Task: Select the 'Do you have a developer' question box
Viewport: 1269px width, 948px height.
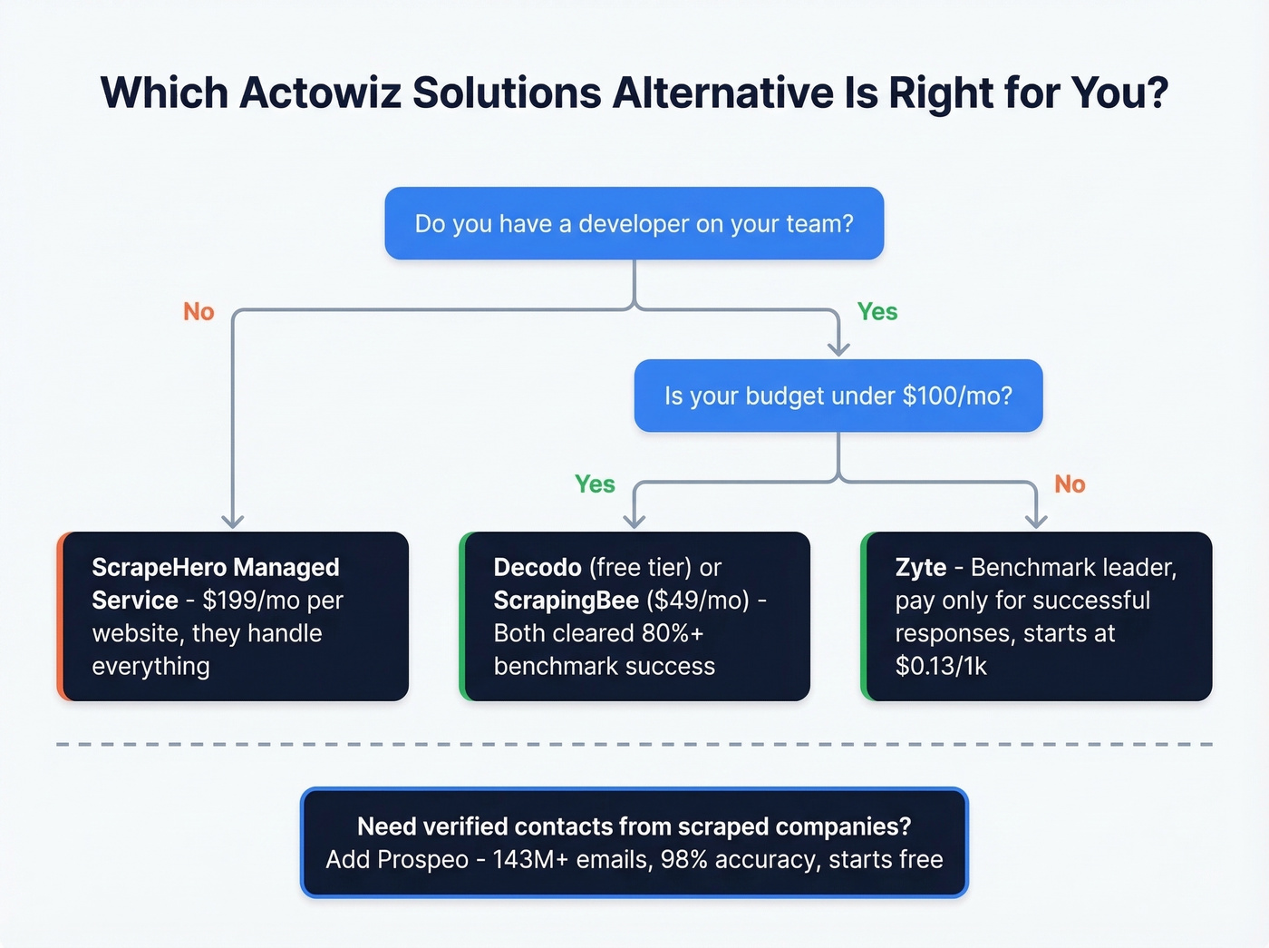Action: pyautogui.click(x=634, y=223)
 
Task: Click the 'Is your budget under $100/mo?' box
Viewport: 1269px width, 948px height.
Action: pyautogui.click(x=838, y=396)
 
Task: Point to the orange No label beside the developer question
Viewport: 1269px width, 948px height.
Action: pyautogui.click(x=199, y=312)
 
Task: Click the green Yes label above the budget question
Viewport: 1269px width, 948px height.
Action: pyautogui.click(x=877, y=312)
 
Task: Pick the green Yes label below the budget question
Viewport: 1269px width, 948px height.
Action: pyautogui.click(x=595, y=484)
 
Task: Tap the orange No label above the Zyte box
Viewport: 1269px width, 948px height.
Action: pyautogui.click(x=1070, y=484)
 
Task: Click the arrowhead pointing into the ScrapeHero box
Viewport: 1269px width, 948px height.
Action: pyautogui.click(x=233, y=522)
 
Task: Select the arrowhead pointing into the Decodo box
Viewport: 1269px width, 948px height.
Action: pyautogui.click(x=634, y=522)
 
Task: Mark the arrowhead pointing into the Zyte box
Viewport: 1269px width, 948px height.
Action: pyautogui.click(x=1036, y=522)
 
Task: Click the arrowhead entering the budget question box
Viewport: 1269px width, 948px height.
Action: pyautogui.click(x=838, y=349)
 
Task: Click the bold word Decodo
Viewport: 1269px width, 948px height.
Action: pyautogui.click(x=538, y=568)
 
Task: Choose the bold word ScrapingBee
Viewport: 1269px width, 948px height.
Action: pyautogui.click(x=566, y=601)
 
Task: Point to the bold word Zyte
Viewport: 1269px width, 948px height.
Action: pyautogui.click(x=920, y=568)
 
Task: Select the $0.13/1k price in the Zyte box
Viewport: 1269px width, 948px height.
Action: pyautogui.click(x=941, y=667)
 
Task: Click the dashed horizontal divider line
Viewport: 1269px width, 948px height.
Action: pyautogui.click(x=634, y=744)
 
